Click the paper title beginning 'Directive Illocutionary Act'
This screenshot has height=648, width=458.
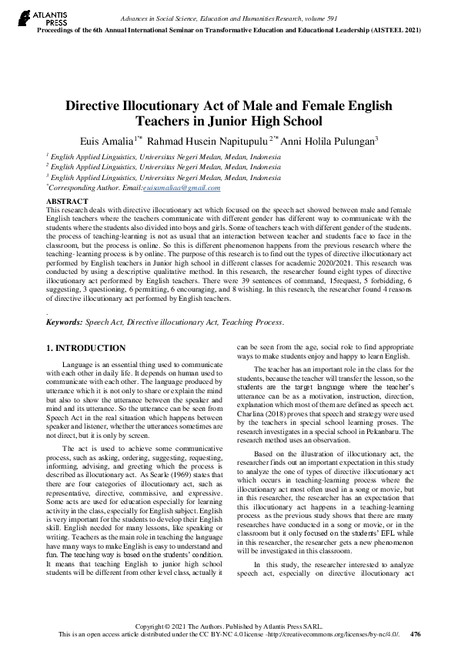(229, 113)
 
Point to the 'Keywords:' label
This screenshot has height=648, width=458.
(65, 323)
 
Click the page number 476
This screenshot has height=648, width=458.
(416, 634)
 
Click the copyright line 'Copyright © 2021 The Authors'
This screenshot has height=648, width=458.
(192, 626)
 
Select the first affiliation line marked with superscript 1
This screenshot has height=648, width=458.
(163, 155)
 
